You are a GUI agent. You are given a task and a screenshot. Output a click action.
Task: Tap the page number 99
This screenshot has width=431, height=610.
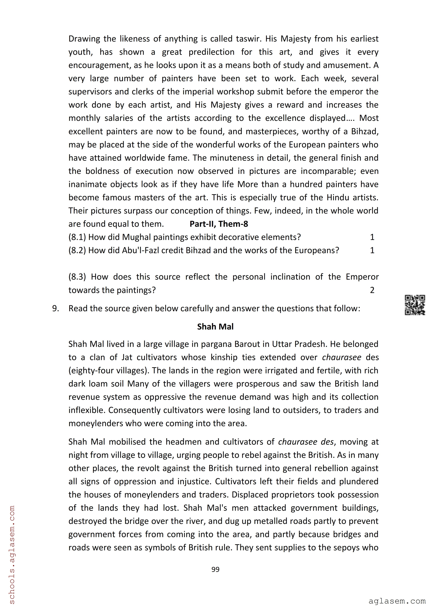tap(215, 569)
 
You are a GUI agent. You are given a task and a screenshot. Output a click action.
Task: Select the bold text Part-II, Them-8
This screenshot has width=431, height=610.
tap(219, 224)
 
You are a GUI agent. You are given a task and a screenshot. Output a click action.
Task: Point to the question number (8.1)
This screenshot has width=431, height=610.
tap(77, 237)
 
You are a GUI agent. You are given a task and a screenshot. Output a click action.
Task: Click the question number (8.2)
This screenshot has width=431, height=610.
tap(77, 250)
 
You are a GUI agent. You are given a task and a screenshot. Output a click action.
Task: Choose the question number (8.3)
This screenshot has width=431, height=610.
tap(77, 277)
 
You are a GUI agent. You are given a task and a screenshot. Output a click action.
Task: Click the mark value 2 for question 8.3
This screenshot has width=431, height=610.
tap(372, 290)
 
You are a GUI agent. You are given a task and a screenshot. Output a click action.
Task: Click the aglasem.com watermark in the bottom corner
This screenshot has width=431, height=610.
tap(397, 601)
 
